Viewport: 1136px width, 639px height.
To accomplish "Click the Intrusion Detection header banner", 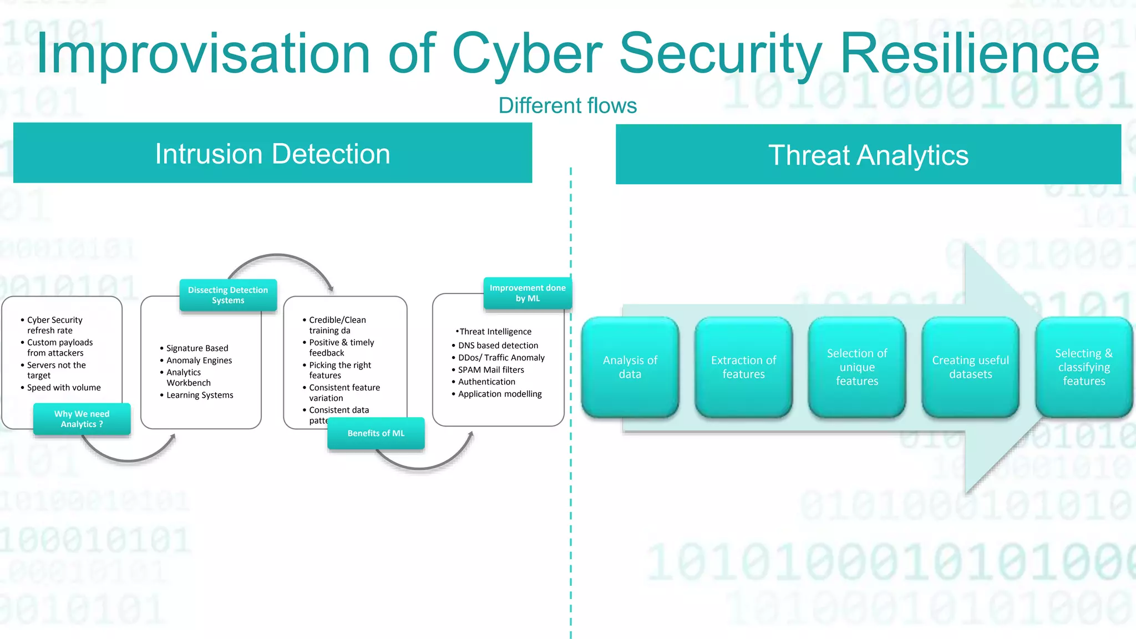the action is pos(272,153).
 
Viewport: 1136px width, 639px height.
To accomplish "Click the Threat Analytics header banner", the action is pos(868,155).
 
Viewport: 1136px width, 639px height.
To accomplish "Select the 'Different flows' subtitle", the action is pos(567,105).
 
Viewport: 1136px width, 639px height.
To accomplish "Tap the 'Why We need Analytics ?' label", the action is pos(82,419).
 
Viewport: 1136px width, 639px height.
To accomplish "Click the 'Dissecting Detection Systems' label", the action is pos(228,295).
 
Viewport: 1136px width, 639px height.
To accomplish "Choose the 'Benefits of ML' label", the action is pos(376,433).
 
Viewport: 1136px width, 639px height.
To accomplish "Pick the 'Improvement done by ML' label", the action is pos(528,293).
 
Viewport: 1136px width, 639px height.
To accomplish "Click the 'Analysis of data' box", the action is pos(630,367).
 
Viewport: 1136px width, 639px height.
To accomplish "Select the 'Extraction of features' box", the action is pos(743,367).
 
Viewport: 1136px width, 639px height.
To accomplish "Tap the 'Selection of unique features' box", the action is pos(857,367).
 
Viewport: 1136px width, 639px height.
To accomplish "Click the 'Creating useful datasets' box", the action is pos(970,367).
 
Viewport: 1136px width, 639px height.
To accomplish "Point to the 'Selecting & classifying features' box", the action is pos(1084,367).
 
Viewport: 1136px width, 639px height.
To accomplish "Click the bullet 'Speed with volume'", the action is pos(64,388).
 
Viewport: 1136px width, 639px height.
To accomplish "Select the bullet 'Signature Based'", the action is pos(197,348).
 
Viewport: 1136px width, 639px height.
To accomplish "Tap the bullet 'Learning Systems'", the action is pos(200,395).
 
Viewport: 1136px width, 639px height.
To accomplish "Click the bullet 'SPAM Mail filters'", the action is pos(491,370).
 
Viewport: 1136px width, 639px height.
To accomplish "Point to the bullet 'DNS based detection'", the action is pos(498,346).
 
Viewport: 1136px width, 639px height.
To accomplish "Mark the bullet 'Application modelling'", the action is pos(500,394).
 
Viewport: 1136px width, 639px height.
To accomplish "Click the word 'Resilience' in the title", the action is pos(970,54).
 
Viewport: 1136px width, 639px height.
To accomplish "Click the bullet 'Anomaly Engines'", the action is pos(199,361).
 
